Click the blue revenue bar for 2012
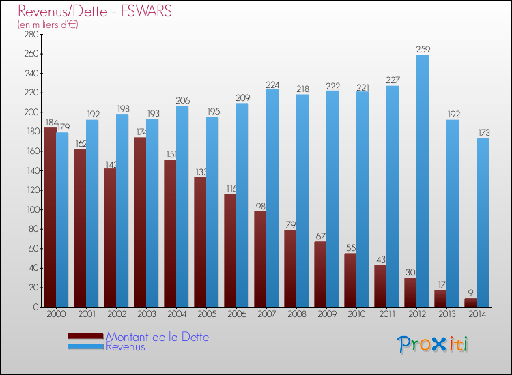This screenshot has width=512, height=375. [x=423, y=181]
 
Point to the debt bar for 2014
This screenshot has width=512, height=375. [x=470, y=302]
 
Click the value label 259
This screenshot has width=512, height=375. [x=423, y=49]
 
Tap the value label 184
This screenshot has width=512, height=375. [x=51, y=123]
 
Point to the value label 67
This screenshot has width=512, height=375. [x=320, y=237]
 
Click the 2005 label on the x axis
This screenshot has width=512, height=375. [x=205, y=315]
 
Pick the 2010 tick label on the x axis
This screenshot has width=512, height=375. [x=356, y=315]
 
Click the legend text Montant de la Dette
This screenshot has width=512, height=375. [x=157, y=337]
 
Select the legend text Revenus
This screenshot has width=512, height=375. [x=126, y=346]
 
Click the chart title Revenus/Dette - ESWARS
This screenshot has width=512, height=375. [x=95, y=12]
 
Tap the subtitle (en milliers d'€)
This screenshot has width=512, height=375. [x=48, y=25]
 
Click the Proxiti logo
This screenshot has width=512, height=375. [x=433, y=344]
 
